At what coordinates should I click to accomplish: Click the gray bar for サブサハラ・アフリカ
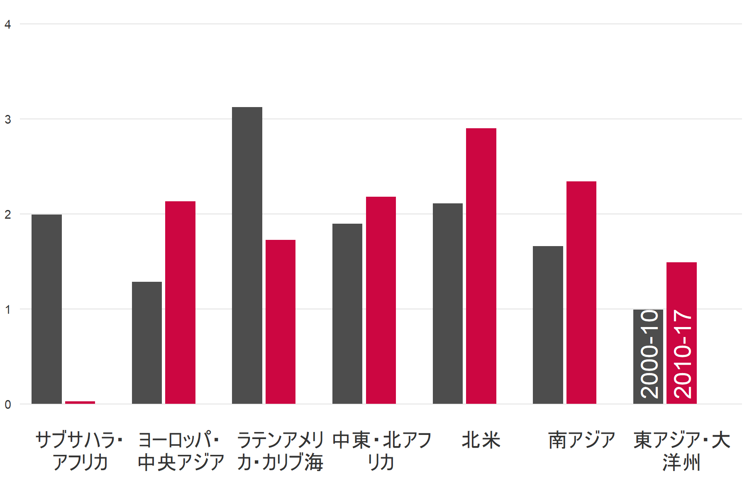[46, 309]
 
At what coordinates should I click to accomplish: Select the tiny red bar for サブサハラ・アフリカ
[80, 402]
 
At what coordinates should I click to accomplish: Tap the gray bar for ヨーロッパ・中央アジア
[147, 342]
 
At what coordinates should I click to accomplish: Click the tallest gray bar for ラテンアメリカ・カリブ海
[247, 255]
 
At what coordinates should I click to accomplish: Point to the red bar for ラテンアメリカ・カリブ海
[281, 322]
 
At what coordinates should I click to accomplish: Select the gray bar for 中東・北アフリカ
[347, 313]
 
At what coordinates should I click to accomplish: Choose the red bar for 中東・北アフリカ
[381, 300]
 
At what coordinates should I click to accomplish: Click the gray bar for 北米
[448, 303]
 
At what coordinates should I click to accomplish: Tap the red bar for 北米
[481, 266]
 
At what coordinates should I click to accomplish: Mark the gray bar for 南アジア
[548, 325]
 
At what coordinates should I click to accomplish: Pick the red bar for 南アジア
[581, 292]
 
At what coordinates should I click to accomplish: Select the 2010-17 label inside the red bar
[682, 354]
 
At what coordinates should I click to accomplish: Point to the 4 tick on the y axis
[8, 24]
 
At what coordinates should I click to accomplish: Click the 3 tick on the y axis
[8, 120]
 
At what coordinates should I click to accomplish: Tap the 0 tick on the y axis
[8, 405]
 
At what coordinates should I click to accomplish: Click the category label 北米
[481, 440]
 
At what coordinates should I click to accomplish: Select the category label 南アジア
[581, 440]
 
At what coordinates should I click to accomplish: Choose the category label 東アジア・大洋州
[681, 451]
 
